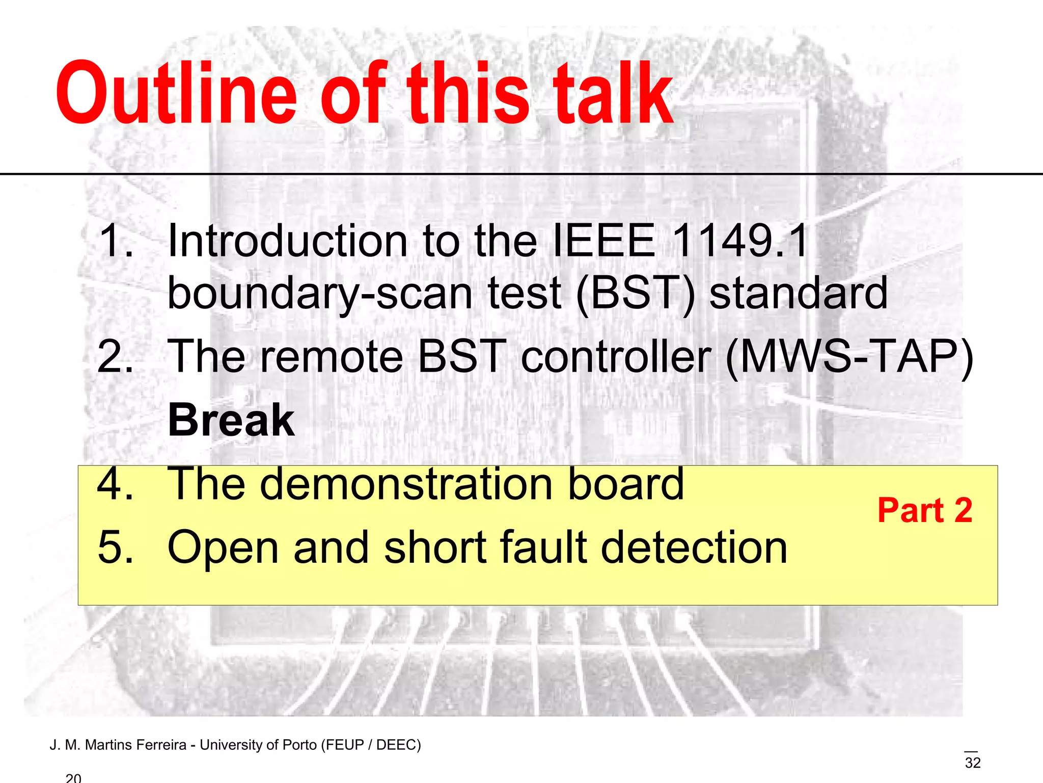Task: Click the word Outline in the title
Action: point(176,94)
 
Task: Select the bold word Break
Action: point(231,420)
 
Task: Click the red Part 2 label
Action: point(925,510)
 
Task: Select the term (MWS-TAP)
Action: point(849,356)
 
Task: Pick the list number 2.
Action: point(115,356)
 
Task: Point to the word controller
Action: point(616,356)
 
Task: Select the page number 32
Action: point(972,763)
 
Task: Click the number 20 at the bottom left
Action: point(73,778)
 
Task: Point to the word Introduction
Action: point(288,241)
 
